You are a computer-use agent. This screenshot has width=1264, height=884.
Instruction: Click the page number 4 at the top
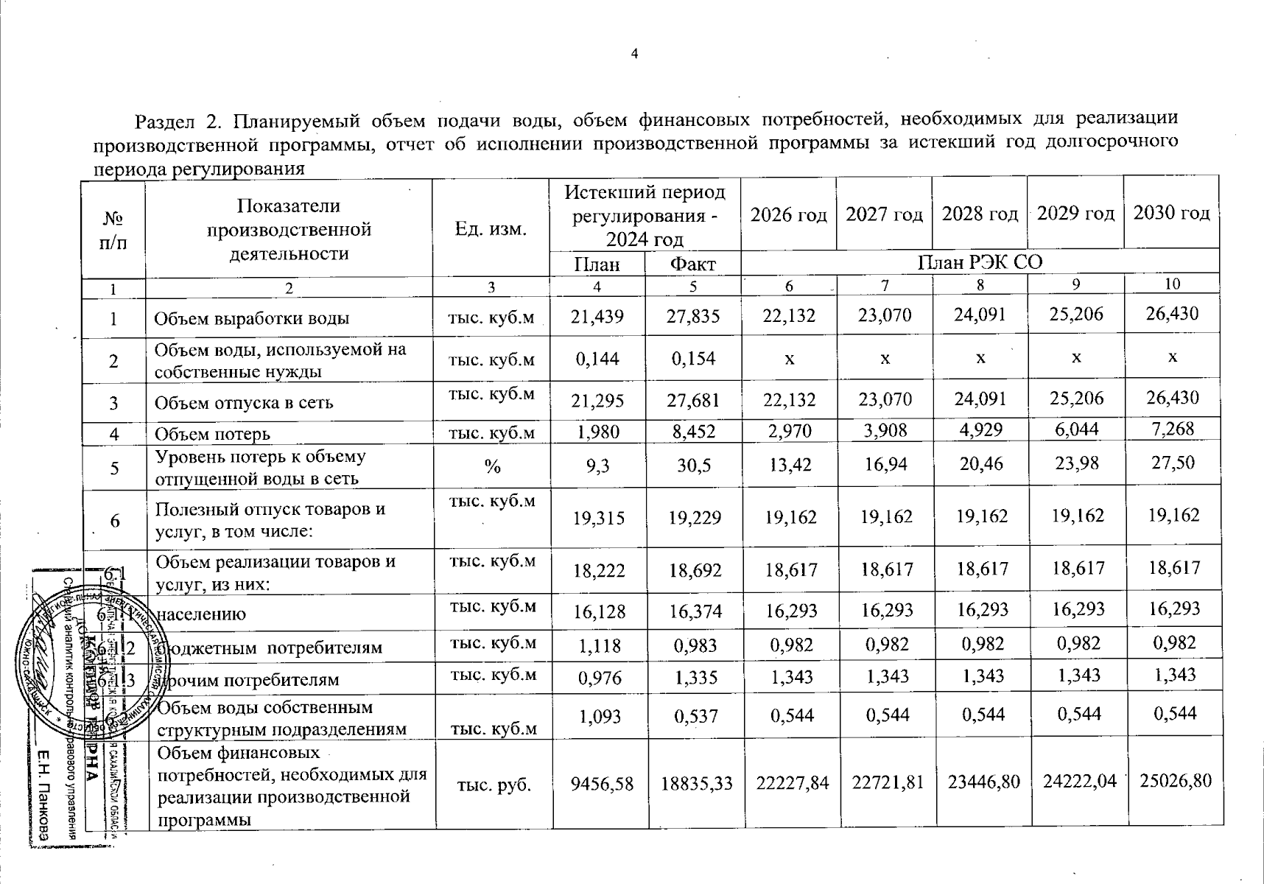coord(634,53)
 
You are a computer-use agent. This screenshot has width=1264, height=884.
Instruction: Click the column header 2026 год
coord(788,214)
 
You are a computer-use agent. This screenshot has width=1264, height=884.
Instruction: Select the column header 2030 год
coord(1171,213)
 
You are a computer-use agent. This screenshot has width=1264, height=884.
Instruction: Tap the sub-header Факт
coord(692,264)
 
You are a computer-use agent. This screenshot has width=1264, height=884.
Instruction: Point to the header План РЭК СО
coord(980,262)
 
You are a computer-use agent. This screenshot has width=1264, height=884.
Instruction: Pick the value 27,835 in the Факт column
coord(693,316)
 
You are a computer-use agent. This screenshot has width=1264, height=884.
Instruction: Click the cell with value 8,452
coord(693,432)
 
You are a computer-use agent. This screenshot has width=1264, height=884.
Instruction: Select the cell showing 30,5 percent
coord(693,466)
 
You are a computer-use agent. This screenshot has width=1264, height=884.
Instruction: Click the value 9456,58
coord(602,782)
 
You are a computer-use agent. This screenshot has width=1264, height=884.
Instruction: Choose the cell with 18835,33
coord(696,782)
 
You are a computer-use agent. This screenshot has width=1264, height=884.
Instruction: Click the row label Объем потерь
coord(212,435)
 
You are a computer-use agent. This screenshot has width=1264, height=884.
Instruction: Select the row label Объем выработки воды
coord(251,319)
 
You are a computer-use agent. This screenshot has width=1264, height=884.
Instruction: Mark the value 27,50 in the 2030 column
coord(1171,463)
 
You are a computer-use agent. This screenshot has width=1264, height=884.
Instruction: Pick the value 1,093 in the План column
coord(601,716)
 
